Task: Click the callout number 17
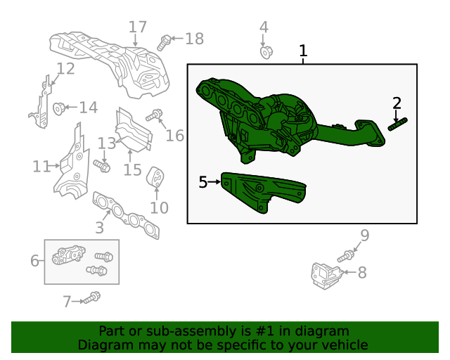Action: pyautogui.click(x=138, y=27)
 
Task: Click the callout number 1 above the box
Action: pyautogui.click(x=303, y=51)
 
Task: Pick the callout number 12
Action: pyautogui.click(x=65, y=69)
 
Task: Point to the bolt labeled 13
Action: pyautogui.click(x=103, y=166)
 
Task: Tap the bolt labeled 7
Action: pyautogui.click(x=91, y=300)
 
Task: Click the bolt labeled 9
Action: pyautogui.click(x=345, y=257)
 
